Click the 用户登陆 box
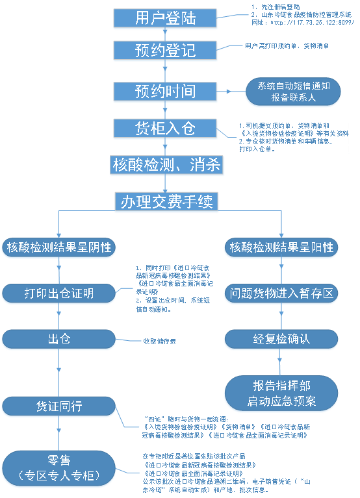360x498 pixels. [165, 18]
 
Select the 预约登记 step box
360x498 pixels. [165, 51]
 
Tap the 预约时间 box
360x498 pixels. [165, 91]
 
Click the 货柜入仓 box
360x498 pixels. [165, 128]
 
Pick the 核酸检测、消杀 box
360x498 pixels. [165, 166]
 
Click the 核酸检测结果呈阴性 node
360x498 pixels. [59, 247]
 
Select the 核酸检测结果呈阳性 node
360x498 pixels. [281, 247]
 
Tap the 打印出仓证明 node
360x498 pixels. [59, 293]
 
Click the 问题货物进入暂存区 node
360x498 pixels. [281, 293]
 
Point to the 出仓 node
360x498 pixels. [59, 339]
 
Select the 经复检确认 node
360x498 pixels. [281, 339]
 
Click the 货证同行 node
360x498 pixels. [59, 406]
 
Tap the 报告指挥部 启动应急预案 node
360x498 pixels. [281, 393]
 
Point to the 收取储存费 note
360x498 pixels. [160, 340]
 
